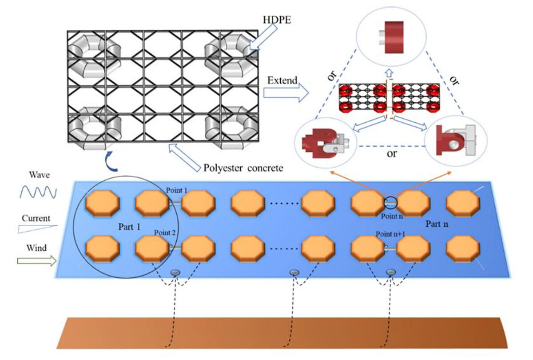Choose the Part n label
437,224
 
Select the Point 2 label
165,232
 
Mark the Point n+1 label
388,234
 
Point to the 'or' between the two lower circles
391,155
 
